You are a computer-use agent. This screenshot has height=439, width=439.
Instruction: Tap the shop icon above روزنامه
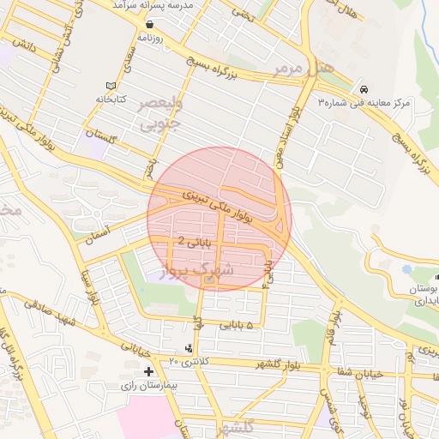(150, 25)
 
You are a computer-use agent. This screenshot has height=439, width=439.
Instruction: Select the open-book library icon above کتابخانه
(109, 86)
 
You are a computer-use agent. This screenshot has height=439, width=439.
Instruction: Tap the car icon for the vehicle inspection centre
(364, 89)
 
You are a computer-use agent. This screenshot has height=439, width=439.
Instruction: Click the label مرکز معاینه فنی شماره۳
(365, 102)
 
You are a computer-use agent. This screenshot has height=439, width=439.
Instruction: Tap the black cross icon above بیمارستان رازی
(149, 371)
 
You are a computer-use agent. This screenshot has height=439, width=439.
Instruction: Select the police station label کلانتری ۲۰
(187, 363)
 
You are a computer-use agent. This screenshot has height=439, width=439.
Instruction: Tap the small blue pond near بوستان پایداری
(435, 276)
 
